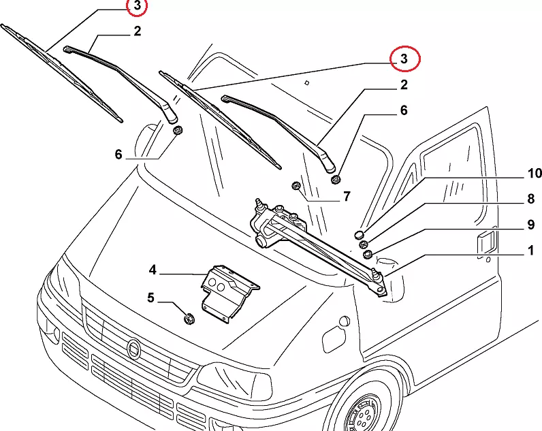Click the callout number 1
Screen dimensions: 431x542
click(530, 252)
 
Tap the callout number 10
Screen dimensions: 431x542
click(533, 173)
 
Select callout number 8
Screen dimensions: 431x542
click(530, 199)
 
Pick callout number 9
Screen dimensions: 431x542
click(530, 225)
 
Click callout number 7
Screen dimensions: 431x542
click(346, 197)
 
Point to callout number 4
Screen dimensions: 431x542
click(153, 271)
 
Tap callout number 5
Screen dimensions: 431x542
click(150, 297)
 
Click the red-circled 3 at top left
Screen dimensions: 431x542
click(137, 7)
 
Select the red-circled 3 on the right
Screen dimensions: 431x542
click(404, 59)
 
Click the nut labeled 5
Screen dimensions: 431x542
click(190, 317)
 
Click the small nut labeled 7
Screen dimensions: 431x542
click(296, 186)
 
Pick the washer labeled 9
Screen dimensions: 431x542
click(368, 255)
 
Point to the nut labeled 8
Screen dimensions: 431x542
click(364, 245)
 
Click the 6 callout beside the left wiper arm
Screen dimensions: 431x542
click(118, 155)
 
